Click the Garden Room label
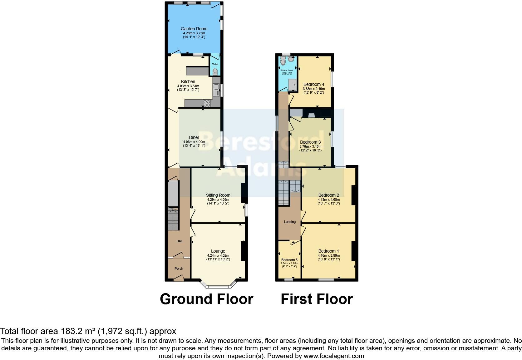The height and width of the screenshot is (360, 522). tap(194, 29)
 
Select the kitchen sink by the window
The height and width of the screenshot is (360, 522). tap(216, 90)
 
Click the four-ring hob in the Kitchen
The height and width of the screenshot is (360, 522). tap(207, 103)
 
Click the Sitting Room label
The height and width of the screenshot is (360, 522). tap(218, 195)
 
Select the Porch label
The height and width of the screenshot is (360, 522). tap(179, 269)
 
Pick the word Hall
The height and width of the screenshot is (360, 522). tap(179, 241)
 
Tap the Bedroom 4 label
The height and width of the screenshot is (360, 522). tap(313, 84)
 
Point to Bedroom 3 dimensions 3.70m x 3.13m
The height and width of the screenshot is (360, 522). tap(310, 146)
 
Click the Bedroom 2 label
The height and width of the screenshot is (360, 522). tap(328, 195)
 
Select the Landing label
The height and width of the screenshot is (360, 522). tap(289, 222)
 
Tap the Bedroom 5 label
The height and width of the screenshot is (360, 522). tap(289, 260)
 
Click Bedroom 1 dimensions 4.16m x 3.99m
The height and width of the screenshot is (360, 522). tap(328, 255)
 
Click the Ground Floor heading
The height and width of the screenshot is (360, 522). tap(206, 299)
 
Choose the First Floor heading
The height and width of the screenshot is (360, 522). tap(316, 299)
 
